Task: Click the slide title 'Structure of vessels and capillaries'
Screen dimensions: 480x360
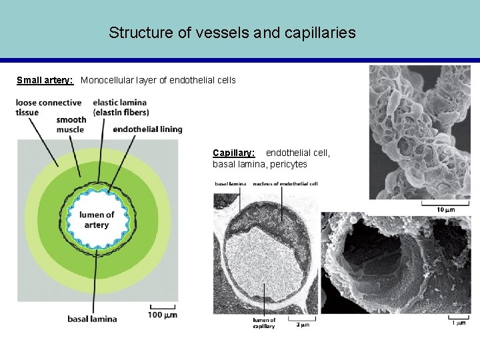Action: click(232, 32)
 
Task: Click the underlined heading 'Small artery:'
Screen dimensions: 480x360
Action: click(45, 81)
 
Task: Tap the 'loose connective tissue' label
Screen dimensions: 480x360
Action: click(49, 107)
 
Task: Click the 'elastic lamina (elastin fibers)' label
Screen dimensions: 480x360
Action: click(121, 107)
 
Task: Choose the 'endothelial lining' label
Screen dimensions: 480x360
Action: click(147, 129)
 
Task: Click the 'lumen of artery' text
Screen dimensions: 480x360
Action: click(97, 220)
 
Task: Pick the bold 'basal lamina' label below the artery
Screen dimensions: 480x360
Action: click(92, 319)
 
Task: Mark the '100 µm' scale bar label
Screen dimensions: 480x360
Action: click(163, 315)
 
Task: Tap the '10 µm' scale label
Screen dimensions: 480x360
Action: click(445, 209)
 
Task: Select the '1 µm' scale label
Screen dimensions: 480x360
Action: click(459, 323)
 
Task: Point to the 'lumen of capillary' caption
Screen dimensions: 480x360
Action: click(264, 323)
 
